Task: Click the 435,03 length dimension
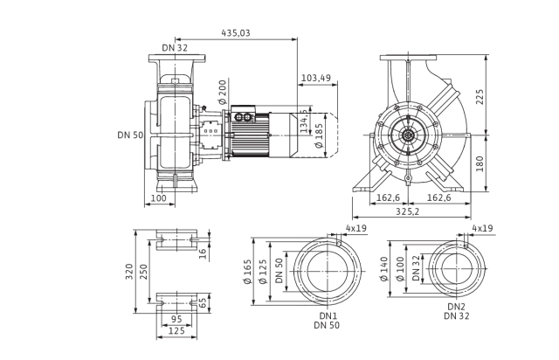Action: [236, 32]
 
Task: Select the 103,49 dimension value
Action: [315, 79]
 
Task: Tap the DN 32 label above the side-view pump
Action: [175, 48]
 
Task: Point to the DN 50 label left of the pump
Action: [129, 135]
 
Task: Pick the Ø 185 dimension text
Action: [319, 135]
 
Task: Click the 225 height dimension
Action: [480, 96]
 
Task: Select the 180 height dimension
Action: [480, 163]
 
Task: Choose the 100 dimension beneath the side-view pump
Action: [158, 199]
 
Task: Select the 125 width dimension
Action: [176, 331]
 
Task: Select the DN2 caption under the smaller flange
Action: [456, 307]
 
